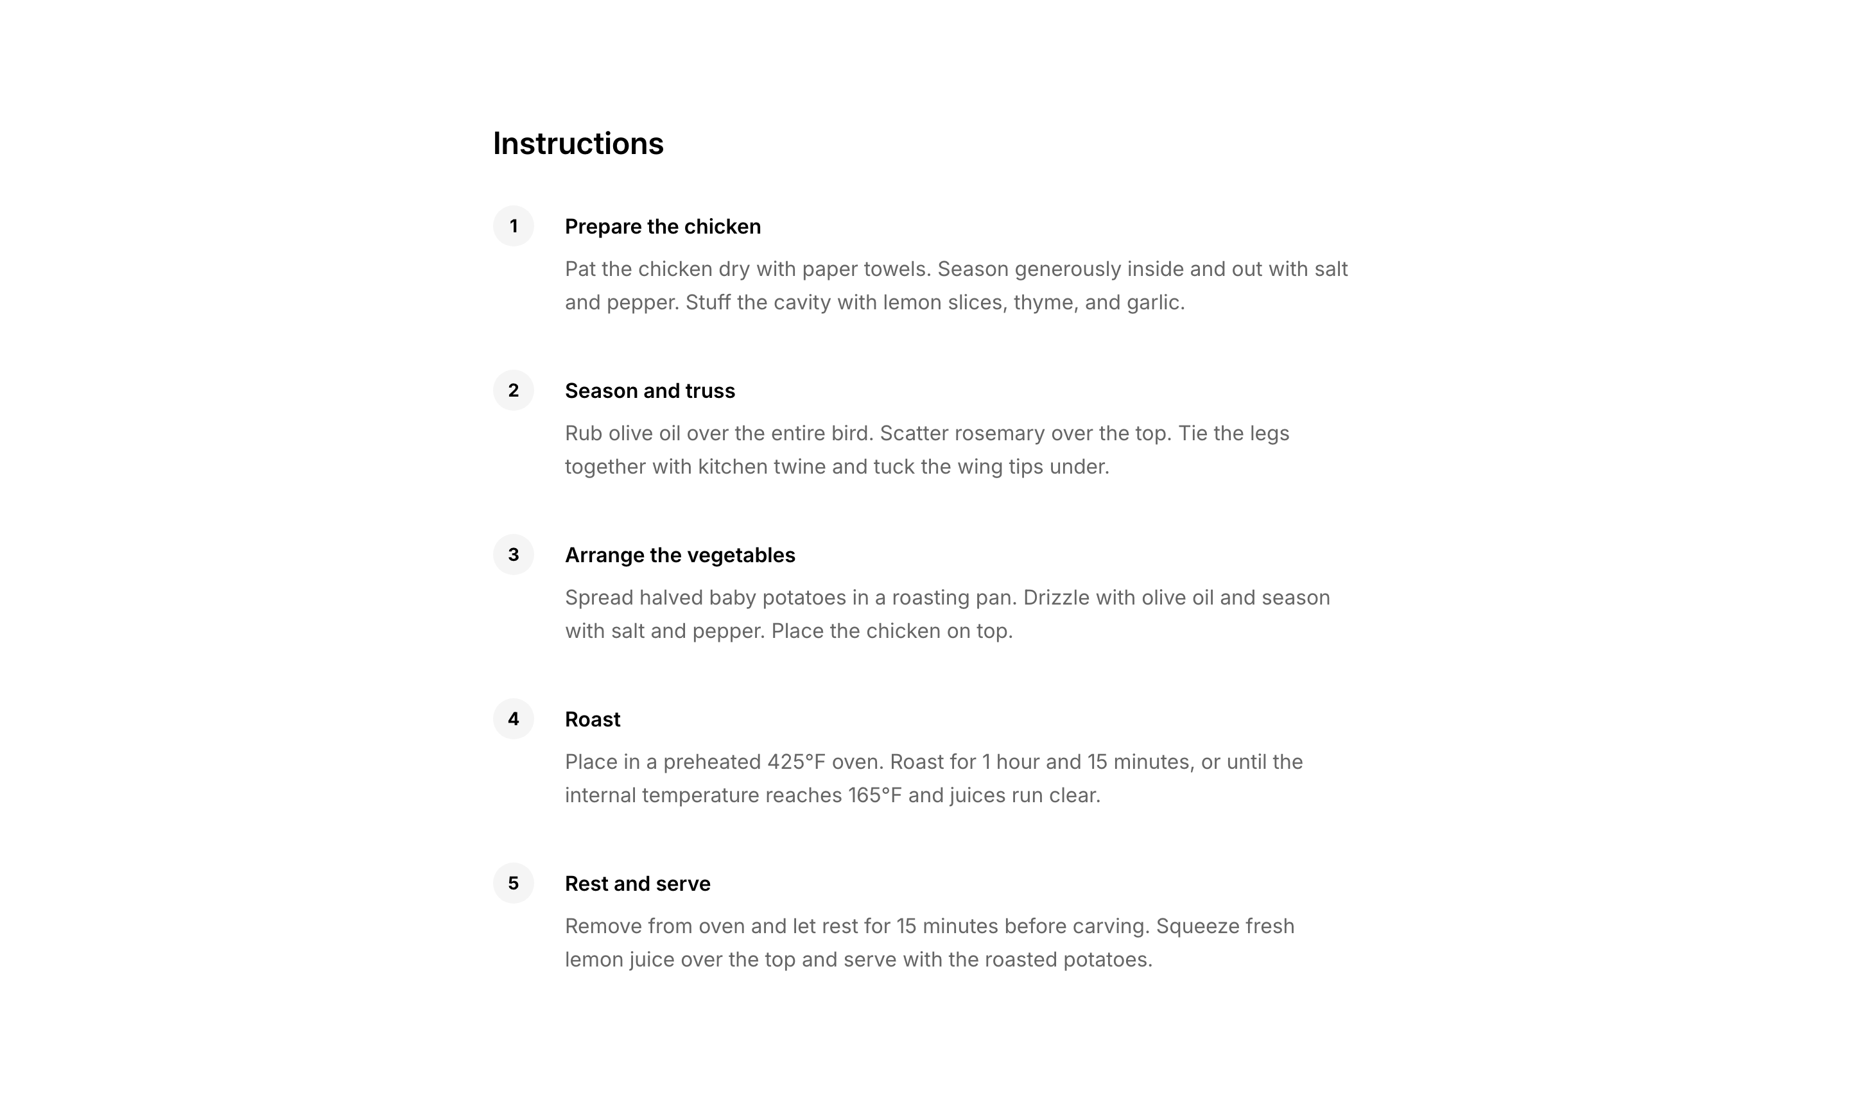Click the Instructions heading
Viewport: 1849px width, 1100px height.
tap(578, 144)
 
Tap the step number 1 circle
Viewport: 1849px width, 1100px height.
tap(513, 226)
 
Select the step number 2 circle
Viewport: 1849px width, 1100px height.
tap(513, 391)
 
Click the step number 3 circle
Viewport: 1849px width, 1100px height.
tap(513, 554)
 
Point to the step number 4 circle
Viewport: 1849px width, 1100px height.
tap(513, 719)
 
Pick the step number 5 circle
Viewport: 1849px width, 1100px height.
tap(513, 883)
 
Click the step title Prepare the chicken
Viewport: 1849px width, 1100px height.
tap(662, 227)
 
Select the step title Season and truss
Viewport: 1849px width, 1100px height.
tap(650, 391)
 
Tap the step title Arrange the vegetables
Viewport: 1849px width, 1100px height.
tap(679, 555)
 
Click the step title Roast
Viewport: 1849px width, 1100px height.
tap(593, 719)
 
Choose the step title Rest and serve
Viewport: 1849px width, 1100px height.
tap(637, 884)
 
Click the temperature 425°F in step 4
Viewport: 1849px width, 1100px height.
tap(795, 762)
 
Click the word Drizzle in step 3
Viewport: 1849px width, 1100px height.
tap(1055, 597)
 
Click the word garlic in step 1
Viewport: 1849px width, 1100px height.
tap(1154, 302)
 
